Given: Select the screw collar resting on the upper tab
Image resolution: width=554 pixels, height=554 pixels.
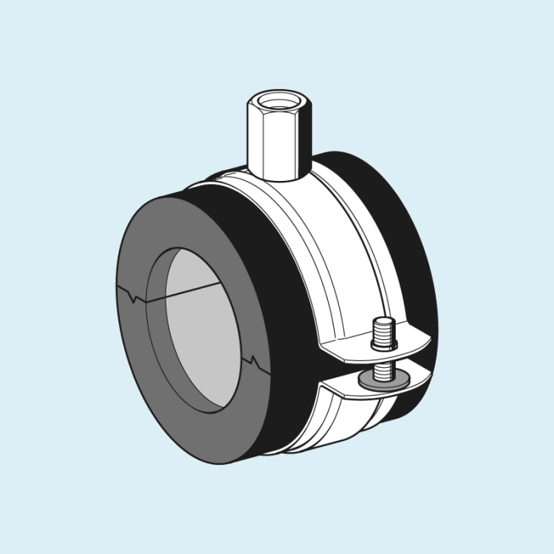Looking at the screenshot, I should pyautogui.click(x=384, y=345).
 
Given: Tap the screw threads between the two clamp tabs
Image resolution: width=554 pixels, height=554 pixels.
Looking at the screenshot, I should pyautogui.click(x=383, y=369).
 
